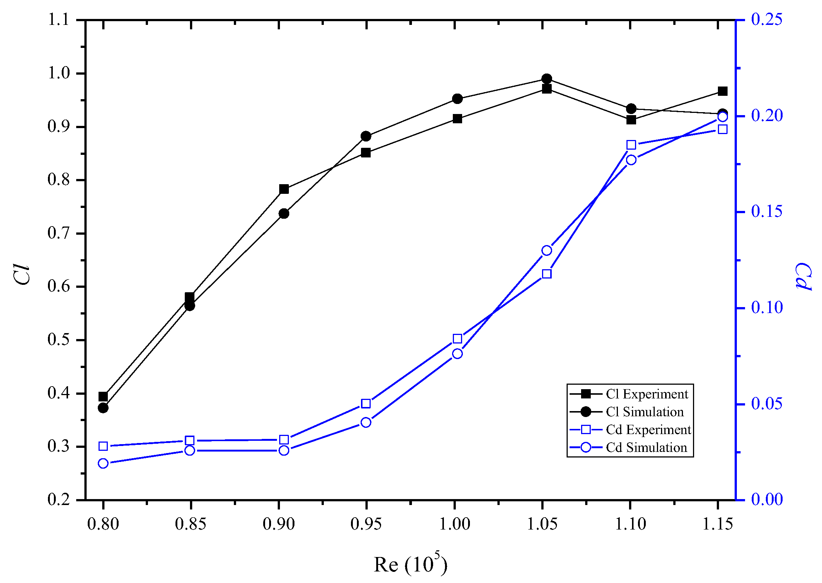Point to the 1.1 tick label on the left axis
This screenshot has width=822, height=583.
pyautogui.click(x=58, y=19)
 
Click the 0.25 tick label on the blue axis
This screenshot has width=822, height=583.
pyautogui.click(x=766, y=19)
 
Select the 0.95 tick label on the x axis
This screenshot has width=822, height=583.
pyautogui.click(x=366, y=524)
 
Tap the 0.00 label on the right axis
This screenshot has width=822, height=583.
pyautogui.click(x=767, y=499)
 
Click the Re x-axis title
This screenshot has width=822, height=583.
pyautogui.click(x=410, y=564)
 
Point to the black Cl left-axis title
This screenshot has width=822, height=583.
pyautogui.click(x=22, y=275)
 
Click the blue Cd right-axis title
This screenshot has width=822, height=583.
pyautogui.click(x=803, y=277)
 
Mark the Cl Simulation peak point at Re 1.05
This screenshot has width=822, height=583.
pyautogui.click(x=547, y=79)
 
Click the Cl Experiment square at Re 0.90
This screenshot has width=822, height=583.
pyautogui.click(x=284, y=189)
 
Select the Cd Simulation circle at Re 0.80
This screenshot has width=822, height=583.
pyautogui.click(x=103, y=463)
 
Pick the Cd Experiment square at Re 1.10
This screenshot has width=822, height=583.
pyautogui.click(x=631, y=145)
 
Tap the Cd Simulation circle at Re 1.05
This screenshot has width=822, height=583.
pyautogui.click(x=547, y=251)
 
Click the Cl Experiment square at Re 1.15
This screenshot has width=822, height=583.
pyautogui.click(x=722, y=91)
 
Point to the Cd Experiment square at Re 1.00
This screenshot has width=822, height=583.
pyautogui.click(x=457, y=339)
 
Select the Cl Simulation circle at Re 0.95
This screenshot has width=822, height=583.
pyautogui.click(x=366, y=136)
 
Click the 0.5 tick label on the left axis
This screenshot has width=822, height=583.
pyautogui.click(x=58, y=340)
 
